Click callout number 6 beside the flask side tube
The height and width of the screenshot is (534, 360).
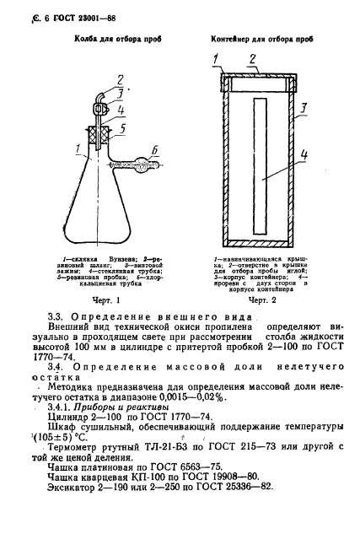154,147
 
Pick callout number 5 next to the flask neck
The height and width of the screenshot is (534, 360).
124,128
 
